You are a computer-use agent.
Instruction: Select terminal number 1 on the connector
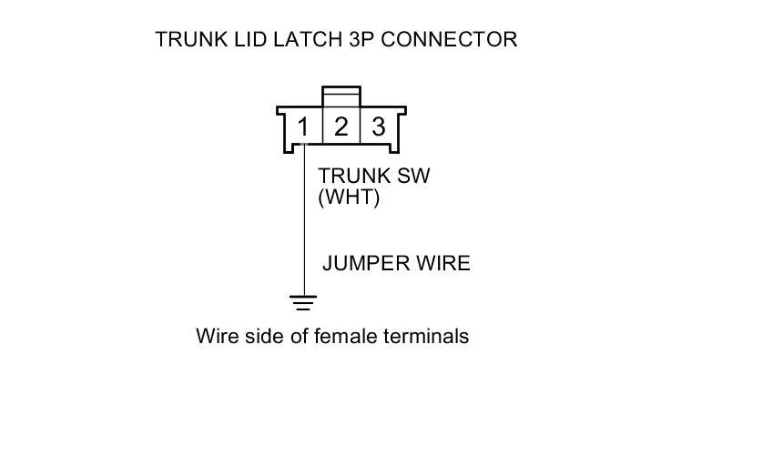303,127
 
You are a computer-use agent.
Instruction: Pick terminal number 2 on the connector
341,127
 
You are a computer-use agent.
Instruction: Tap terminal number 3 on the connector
378,127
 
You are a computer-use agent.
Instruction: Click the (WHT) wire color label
348,197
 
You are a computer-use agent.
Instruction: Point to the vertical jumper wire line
303,228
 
